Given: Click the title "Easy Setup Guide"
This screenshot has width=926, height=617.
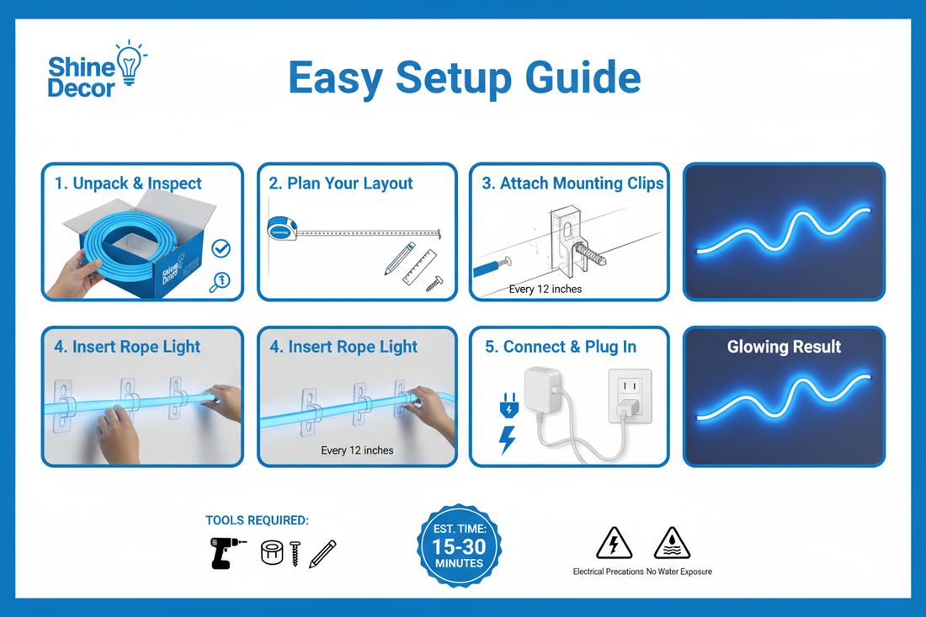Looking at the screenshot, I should [464, 78].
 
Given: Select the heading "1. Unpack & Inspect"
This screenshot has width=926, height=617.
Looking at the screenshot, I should [128, 184].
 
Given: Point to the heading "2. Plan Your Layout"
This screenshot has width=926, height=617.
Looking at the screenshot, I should [341, 184].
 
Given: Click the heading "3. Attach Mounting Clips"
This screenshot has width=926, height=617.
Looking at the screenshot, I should [572, 184].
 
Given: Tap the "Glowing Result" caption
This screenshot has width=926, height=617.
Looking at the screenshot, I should [784, 347].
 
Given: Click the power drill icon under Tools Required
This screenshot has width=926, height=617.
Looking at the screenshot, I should [227, 552].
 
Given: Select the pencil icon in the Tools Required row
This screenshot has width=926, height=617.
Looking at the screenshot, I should [322, 553].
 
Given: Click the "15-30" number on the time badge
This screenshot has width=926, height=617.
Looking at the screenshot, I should [459, 545].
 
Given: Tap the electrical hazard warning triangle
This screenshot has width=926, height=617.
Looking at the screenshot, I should [614, 544].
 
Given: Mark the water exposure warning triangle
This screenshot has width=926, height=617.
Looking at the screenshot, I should [672, 544].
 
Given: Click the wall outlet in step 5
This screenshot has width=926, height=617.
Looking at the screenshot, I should [629, 395].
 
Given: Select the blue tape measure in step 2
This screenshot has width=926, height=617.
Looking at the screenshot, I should [281, 228].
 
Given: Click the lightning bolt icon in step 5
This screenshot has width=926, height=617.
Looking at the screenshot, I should [508, 439].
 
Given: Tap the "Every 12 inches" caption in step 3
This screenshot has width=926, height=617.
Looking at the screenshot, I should [545, 289].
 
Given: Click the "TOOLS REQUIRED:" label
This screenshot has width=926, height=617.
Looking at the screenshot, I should [257, 521].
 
